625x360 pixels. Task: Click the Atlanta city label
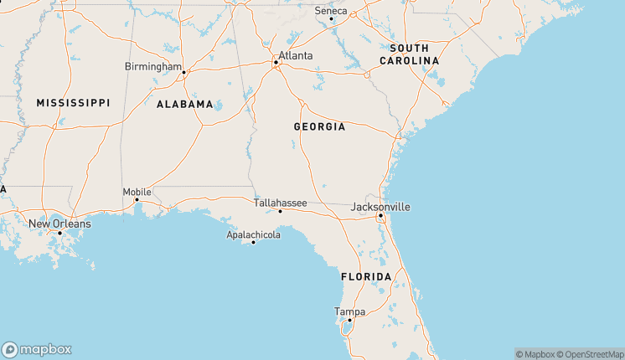coord(296,56)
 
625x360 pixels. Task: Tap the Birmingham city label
coord(152,66)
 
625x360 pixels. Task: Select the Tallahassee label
coord(280,203)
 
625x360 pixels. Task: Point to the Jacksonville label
coord(380,206)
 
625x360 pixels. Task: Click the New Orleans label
coord(59,224)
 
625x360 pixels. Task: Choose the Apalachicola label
coord(253,234)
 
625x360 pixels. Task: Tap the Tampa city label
coord(349,311)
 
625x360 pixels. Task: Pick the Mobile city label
coord(137,192)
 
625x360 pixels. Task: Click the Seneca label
coord(330,10)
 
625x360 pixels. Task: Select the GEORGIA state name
coord(319,126)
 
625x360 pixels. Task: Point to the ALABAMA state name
coord(184,104)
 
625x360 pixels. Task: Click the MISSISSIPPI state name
coord(73,102)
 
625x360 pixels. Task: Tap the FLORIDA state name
coord(366,276)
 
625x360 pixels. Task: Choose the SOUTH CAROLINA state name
coord(409,54)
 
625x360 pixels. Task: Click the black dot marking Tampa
coord(349,320)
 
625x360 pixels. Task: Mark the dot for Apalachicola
coord(253,243)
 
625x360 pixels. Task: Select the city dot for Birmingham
coord(183,72)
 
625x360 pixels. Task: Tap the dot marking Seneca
coord(331,18)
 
